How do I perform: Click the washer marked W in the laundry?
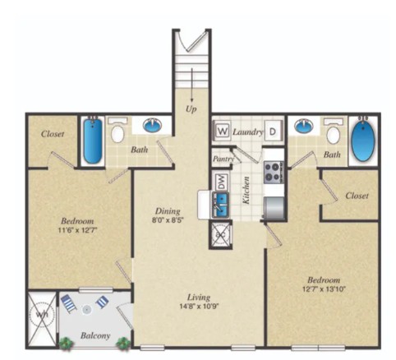pos(222,131)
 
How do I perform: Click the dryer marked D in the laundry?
pos(273,131)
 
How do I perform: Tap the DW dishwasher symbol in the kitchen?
pos(219,182)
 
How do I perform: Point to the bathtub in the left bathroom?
pos(92,141)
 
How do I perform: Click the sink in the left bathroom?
pos(153,126)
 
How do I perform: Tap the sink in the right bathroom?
pos(304,126)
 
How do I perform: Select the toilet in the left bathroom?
pos(118,132)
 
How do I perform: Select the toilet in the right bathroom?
pos(333,132)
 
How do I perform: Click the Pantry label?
pos(223,158)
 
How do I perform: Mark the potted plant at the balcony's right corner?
pos(123,343)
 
